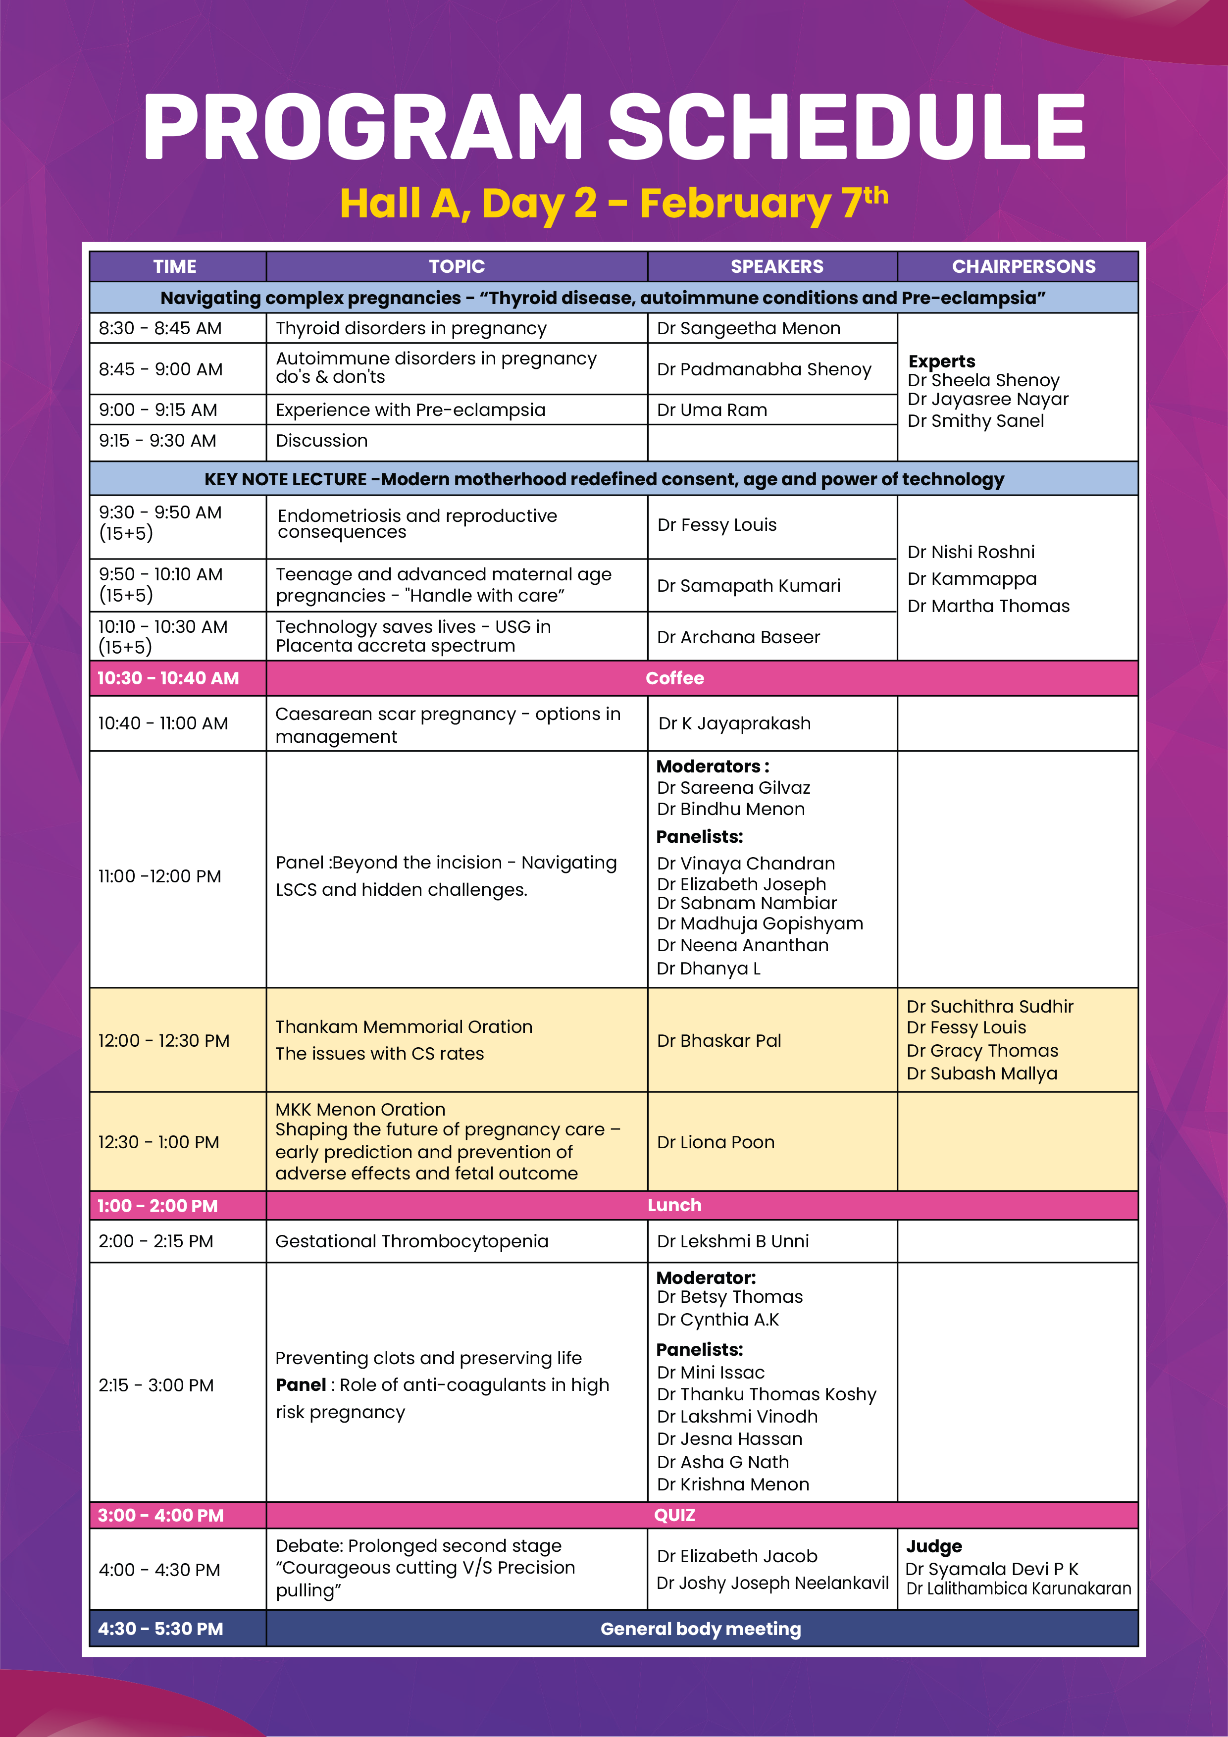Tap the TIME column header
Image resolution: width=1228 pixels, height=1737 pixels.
click(x=175, y=266)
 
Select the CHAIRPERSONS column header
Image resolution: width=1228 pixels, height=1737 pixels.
click(x=1023, y=266)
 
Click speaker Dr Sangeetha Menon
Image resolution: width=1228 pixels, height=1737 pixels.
click(x=748, y=328)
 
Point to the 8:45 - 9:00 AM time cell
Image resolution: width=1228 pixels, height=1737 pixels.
click(x=160, y=369)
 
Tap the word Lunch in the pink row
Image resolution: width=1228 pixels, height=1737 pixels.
click(x=674, y=1205)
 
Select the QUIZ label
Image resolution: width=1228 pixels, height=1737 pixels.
click(x=674, y=1515)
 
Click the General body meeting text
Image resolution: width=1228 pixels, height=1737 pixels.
click(x=701, y=1629)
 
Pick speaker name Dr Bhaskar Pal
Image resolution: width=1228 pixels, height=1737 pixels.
click(x=719, y=1040)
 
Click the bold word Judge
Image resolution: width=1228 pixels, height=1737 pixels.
click(x=934, y=1545)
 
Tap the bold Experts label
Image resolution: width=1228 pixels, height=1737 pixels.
click(x=941, y=361)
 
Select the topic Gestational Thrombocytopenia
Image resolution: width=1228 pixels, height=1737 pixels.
click(x=411, y=1241)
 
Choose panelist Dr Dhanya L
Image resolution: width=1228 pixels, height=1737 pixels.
click(x=708, y=969)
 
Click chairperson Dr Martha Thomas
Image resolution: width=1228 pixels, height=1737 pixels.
click(x=988, y=606)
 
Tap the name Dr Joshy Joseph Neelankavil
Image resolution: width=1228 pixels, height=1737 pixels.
click(x=772, y=1583)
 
